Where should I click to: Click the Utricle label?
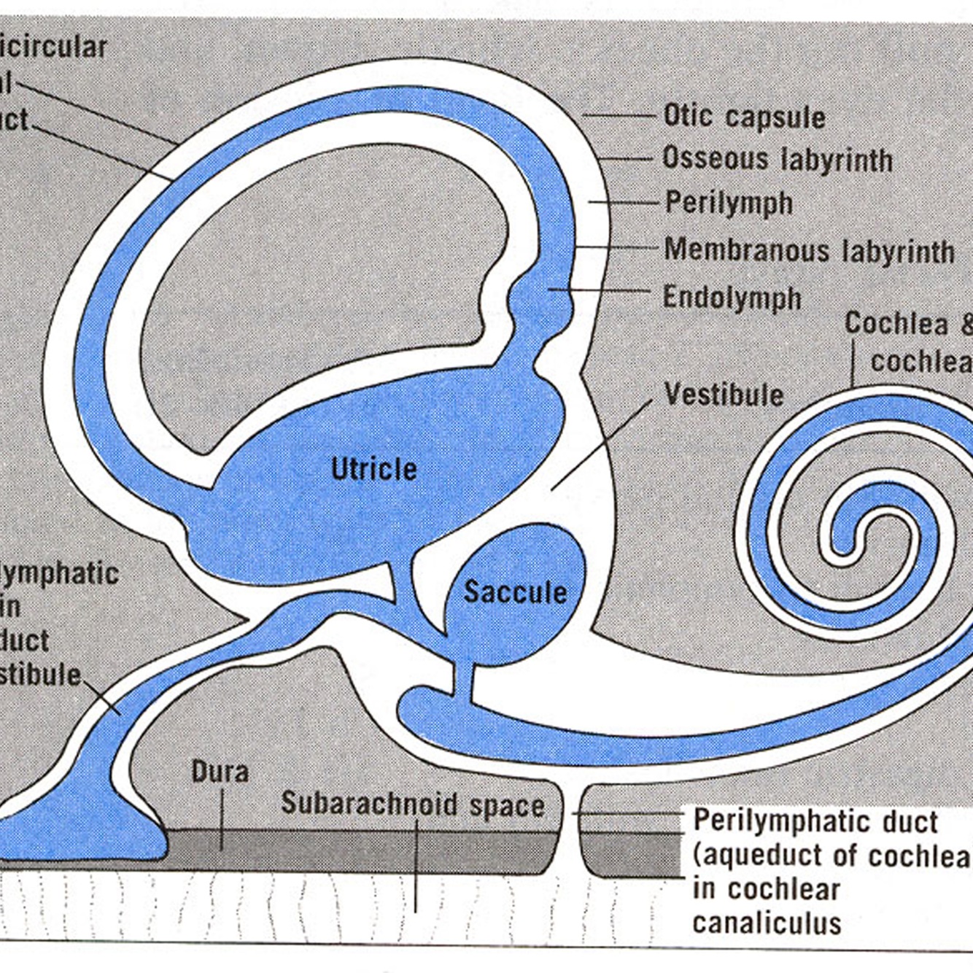point(373,469)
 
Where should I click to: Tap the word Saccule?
point(515,592)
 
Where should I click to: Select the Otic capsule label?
point(744,117)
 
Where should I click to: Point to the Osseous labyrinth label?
point(778,159)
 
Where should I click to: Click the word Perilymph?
point(729,203)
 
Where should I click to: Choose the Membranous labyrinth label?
point(809,251)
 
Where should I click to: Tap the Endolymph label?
point(732,298)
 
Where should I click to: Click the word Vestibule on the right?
point(724,395)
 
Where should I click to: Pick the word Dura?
point(220,772)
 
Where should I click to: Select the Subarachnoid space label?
point(413,805)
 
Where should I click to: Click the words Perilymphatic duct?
point(815,821)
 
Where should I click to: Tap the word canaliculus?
point(767,923)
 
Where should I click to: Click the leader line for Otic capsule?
point(620,115)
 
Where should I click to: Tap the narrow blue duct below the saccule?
point(462,679)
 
